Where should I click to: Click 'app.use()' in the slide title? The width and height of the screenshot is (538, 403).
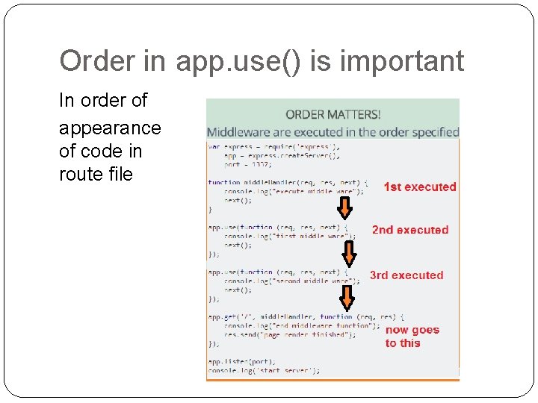click(x=238, y=61)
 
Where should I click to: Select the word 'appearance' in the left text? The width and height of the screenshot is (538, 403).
click(x=110, y=128)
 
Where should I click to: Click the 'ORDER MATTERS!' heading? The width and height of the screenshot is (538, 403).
click(x=333, y=114)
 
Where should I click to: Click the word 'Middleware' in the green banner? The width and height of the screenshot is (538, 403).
click(x=241, y=131)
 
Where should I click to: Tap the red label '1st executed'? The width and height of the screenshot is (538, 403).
click(x=419, y=187)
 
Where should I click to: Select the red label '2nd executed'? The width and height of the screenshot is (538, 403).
click(x=410, y=230)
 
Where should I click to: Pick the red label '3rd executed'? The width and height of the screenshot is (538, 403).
click(x=406, y=275)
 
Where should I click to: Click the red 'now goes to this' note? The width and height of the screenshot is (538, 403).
click(x=412, y=337)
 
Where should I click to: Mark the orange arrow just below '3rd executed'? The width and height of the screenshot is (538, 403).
click(x=346, y=297)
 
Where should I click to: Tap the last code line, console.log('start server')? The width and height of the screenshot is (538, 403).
click(x=263, y=370)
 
